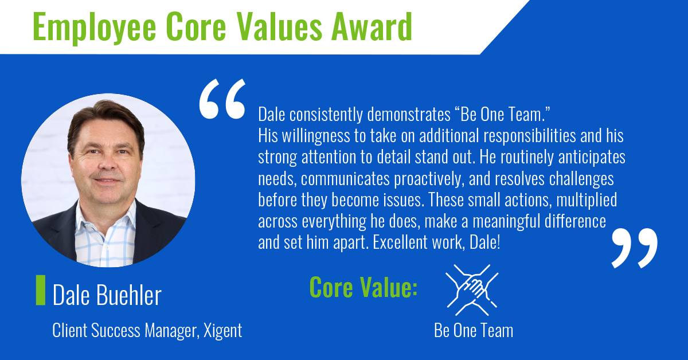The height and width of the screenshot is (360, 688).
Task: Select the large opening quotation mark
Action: pyautogui.click(x=222, y=101)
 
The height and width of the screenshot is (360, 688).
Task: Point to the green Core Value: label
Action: pyautogui.click(x=363, y=288)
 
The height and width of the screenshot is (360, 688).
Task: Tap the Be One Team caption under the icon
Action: pyautogui.click(x=474, y=331)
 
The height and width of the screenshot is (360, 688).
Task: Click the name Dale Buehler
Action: pyautogui.click(x=107, y=296)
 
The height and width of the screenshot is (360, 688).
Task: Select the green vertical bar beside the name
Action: pyautogui.click(x=40, y=290)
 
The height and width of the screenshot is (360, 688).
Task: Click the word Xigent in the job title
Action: pyautogui.click(x=222, y=331)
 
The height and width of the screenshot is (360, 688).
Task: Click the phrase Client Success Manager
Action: pyautogui.click(x=124, y=331)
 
